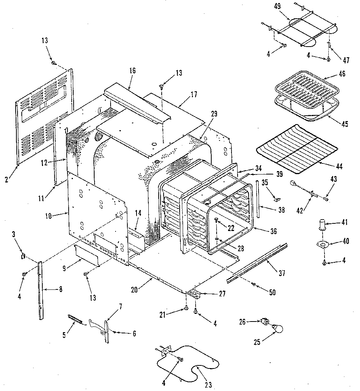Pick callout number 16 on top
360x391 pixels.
pos(132,71)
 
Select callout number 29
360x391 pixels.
pos(214,113)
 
